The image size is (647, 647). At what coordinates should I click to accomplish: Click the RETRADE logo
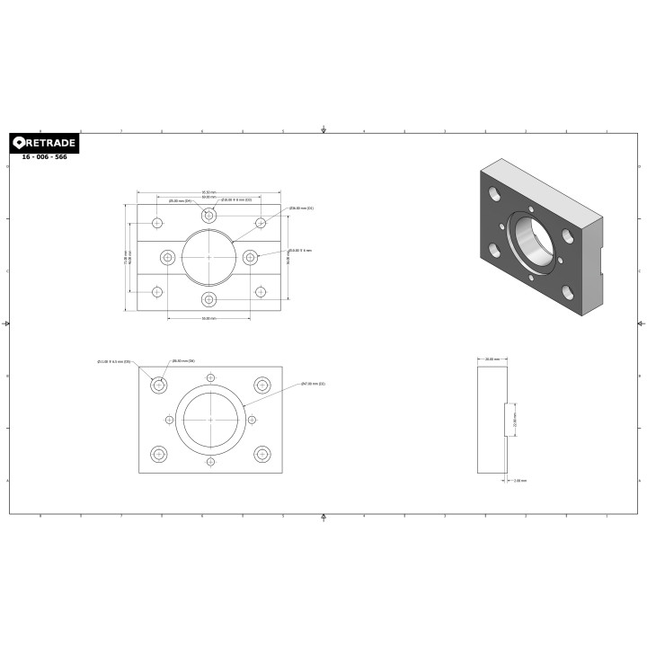pos(44,143)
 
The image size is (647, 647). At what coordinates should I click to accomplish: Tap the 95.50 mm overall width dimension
pos(208,191)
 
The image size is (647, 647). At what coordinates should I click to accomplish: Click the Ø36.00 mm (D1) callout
pos(301,208)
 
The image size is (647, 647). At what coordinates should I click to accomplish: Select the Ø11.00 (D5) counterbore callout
pos(114,361)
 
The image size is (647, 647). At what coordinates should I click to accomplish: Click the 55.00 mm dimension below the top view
pos(208,318)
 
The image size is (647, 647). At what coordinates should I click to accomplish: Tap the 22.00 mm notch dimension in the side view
pos(515,419)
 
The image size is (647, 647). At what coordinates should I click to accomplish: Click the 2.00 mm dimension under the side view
pos(519,481)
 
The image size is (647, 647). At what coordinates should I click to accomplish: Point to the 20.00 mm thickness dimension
pos(492,359)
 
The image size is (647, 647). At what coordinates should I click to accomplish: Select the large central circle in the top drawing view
pos(208,257)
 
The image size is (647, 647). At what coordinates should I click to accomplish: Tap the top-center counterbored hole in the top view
pos(208,216)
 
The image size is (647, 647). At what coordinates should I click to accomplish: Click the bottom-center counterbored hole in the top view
pos(208,298)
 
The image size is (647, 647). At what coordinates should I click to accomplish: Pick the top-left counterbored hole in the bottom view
pos(159,385)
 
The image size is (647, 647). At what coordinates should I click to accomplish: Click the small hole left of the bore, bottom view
pos(169,420)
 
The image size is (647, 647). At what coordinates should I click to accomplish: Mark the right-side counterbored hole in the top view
pos(250,257)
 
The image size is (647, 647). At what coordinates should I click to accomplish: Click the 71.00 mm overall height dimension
pos(127,257)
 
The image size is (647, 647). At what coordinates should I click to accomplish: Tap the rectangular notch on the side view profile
pos(508,419)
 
